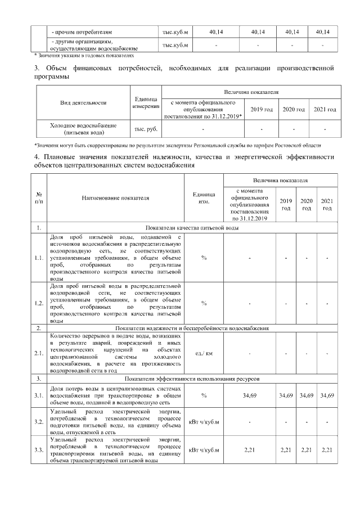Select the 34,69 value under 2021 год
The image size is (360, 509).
point(327,396)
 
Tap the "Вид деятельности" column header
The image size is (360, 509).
point(83,103)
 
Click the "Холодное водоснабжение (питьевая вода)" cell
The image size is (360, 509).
point(83,129)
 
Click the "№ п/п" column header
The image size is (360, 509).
point(38,198)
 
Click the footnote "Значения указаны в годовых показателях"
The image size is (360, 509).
point(84,56)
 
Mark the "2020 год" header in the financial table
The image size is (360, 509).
point(293,109)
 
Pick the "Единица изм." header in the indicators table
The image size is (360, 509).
point(204,198)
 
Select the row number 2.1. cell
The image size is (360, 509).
point(38,353)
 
